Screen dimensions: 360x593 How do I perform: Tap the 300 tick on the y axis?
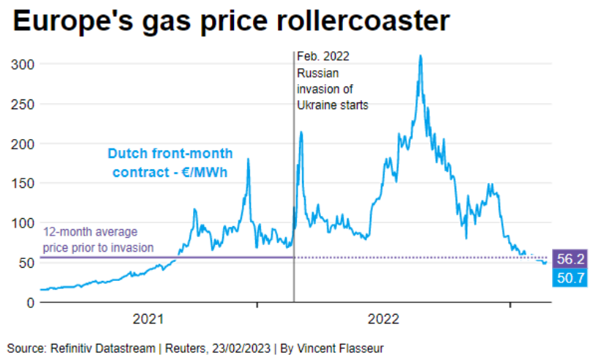(x=23, y=64)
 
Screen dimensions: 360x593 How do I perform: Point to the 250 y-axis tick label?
(x=23, y=104)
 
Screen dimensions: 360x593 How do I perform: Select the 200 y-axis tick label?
(x=23, y=143)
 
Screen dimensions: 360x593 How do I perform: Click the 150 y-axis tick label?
(x=23, y=183)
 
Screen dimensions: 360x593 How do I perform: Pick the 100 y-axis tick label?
(x=23, y=222)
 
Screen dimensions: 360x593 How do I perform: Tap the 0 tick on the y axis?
(x=30, y=302)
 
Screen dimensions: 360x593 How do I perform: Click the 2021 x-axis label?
(x=148, y=319)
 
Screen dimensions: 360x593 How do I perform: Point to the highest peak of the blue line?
(x=420, y=56)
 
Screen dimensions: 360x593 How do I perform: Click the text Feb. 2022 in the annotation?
(x=324, y=57)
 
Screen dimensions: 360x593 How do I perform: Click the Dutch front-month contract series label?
(x=170, y=162)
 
